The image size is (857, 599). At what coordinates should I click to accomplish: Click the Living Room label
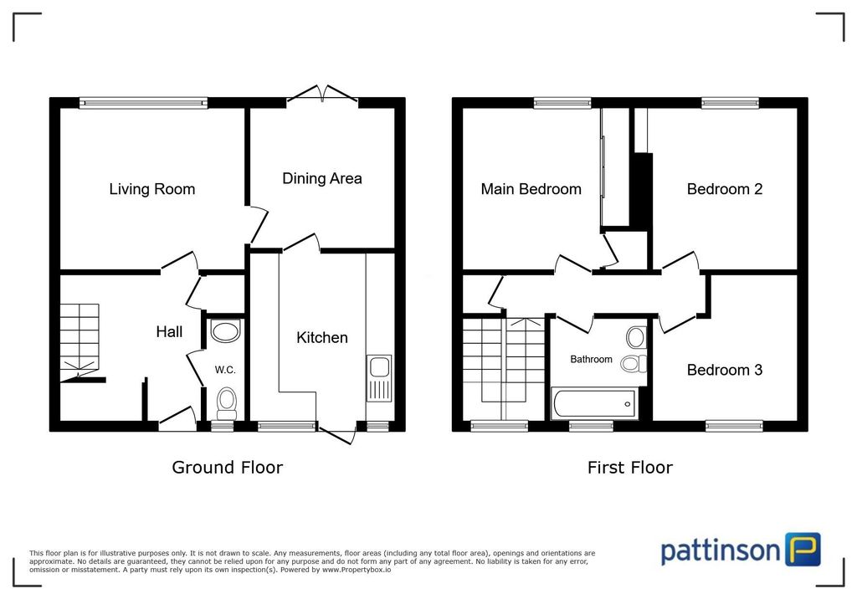click(152, 189)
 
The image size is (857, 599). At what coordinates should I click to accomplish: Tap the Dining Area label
click(322, 179)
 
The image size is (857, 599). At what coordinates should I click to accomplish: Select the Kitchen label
click(322, 338)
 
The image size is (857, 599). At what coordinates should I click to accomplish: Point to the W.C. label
click(225, 370)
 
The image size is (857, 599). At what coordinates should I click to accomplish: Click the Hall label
click(169, 332)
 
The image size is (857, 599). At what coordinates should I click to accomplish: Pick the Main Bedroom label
click(531, 189)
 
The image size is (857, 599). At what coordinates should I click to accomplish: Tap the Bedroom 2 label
click(724, 189)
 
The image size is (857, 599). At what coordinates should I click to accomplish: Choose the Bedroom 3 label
click(724, 370)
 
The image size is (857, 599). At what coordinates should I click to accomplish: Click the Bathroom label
click(591, 359)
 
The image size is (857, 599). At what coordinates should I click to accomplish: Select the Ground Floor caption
click(228, 468)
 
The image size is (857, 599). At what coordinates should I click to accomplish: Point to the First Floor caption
click(629, 468)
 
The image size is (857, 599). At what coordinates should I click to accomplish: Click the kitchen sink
click(379, 378)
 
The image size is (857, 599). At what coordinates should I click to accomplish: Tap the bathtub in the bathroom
click(595, 404)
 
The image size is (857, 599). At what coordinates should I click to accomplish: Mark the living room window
click(143, 103)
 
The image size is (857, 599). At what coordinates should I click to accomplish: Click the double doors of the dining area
click(322, 94)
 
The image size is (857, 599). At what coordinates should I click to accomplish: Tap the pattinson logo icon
click(803, 550)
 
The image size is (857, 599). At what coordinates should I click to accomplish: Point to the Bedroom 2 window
click(730, 103)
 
